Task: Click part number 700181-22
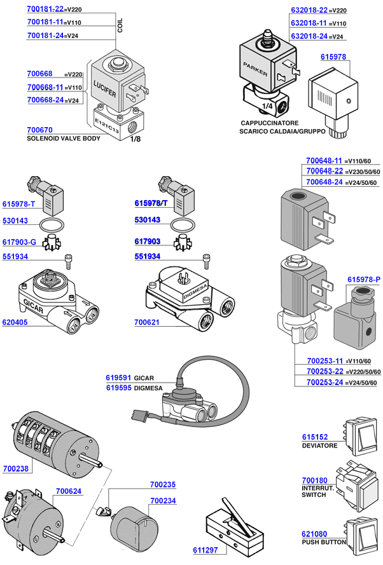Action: point(46,10)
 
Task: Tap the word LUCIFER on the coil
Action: point(105,87)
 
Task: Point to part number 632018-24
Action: point(309,36)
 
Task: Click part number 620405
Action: point(16,322)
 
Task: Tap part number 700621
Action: point(147,323)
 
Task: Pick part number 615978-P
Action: point(364,280)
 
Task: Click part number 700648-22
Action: point(324,172)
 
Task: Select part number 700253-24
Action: point(324,382)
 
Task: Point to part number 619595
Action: point(118,387)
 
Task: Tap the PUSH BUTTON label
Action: point(324,542)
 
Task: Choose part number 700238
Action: point(16,468)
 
